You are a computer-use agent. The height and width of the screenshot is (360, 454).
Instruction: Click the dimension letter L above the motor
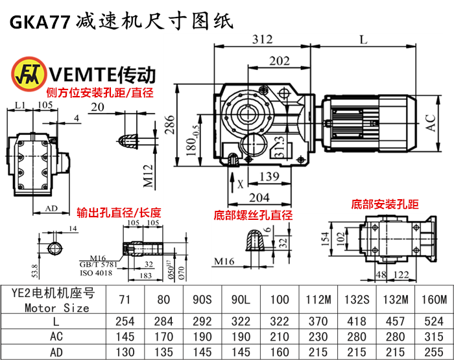364,40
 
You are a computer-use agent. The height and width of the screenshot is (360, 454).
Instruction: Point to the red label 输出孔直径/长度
119,212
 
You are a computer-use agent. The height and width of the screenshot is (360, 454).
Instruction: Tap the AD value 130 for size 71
125,352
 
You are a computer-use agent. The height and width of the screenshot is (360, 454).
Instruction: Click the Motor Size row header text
56,308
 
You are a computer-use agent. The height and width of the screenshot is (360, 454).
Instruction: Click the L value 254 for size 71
125,320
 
